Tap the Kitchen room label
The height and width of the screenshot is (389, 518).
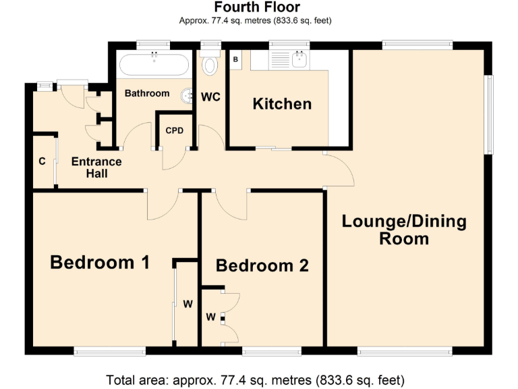coord(282,103)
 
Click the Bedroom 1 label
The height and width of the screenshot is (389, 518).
coord(100,262)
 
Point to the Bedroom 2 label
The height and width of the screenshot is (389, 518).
coord(262,265)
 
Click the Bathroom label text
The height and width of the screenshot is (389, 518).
coord(146,93)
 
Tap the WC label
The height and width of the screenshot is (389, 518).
coord(210,97)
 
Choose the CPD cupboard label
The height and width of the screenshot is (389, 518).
coord(175,130)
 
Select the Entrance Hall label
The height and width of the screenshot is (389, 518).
coord(96,167)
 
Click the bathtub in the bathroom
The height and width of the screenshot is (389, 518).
coord(154,66)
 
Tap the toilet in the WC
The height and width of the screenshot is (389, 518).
coord(210,64)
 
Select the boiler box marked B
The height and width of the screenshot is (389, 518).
coord(235,59)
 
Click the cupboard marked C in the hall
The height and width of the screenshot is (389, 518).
coord(42,161)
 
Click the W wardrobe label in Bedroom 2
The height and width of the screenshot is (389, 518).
coord(210,316)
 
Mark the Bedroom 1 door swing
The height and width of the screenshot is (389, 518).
coord(162,207)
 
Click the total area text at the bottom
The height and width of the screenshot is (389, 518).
coord(256,378)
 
